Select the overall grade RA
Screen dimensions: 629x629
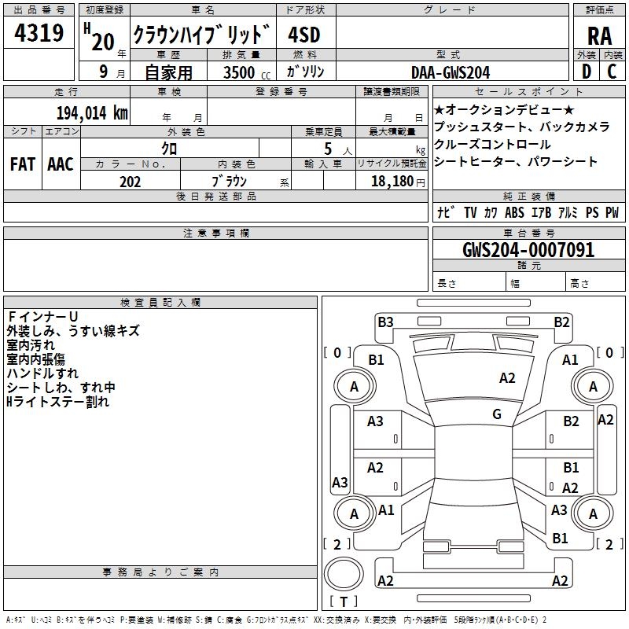pyautogui.click(x=599, y=36)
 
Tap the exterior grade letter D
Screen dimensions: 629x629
pyautogui.click(x=587, y=72)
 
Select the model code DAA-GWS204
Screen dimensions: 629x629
pyautogui.click(x=451, y=72)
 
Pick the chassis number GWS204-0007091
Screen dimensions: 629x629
pyautogui.click(x=528, y=251)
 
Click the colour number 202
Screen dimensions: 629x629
pyautogui.click(x=130, y=182)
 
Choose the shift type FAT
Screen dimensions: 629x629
pyautogui.click(x=22, y=164)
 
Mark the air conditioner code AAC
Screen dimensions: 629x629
pyautogui.click(x=61, y=164)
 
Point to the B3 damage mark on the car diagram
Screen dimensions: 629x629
pyautogui.click(x=385, y=322)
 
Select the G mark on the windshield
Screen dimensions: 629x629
pyautogui.click(x=497, y=414)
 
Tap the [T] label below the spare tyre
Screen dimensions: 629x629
pyautogui.click(x=344, y=602)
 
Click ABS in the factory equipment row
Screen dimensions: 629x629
pyautogui.click(x=514, y=212)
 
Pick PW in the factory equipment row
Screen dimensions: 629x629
pyautogui.click(x=612, y=212)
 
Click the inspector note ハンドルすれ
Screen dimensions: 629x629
pyautogui.click(x=42, y=373)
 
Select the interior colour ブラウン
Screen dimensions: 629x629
pyautogui.click(x=229, y=182)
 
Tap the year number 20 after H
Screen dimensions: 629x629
pyautogui.click(x=103, y=42)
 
